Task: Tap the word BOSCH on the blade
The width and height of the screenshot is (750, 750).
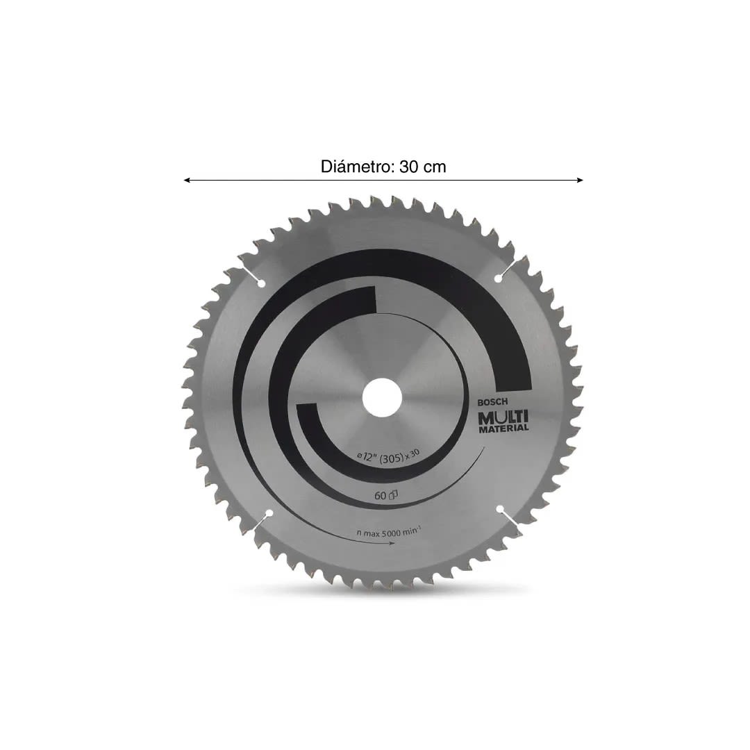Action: (493, 402)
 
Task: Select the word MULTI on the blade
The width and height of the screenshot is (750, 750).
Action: (503, 416)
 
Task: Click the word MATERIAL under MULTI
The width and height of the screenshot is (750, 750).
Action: (503, 428)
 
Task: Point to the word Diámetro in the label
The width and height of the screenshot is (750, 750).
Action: (357, 167)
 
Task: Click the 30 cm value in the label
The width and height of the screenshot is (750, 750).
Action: (424, 167)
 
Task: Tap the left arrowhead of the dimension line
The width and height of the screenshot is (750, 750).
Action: (187, 180)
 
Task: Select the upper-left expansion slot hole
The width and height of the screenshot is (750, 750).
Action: (260, 283)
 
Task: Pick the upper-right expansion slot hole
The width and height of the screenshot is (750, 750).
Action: (498, 278)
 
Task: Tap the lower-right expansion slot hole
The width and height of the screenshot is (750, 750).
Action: (499, 510)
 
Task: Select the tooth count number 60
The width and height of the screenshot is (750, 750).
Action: (380, 496)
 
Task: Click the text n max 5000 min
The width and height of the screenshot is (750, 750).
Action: (389, 531)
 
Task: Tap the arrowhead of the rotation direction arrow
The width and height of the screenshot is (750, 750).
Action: (392, 543)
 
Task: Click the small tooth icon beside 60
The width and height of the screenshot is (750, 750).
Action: (392, 495)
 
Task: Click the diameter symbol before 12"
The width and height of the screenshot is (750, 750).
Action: (360, 456)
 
